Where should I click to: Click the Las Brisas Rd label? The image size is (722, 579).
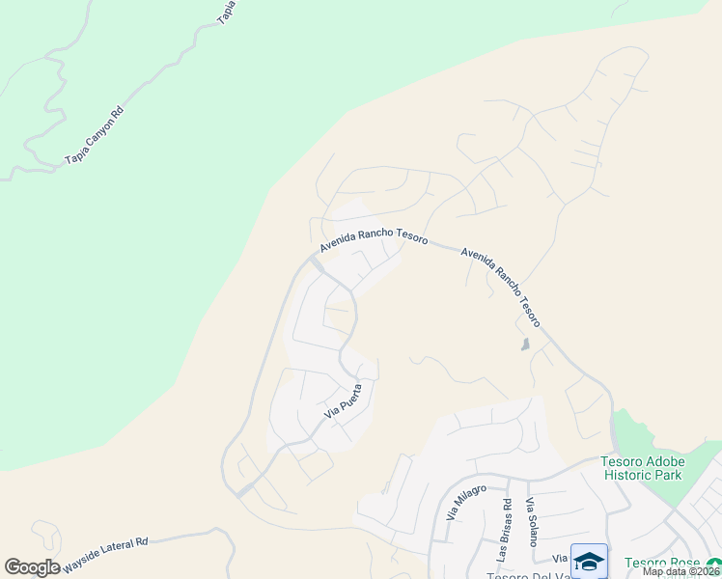pyautogui.click(x=505, y=530)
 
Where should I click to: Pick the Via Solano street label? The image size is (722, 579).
pyautogui.click(x=531, y=522)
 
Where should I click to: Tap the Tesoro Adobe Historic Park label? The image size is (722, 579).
pyautogui.click(x=642, y=468)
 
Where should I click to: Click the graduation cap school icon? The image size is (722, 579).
pyautogui.click(x=589, y=560)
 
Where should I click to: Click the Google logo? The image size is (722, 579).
pyautogui.click(x=32, y=566)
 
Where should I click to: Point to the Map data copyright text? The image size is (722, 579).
pyautogui.click(x=681, y=571)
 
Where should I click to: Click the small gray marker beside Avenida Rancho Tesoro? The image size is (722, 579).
pyautogui.click(x=525, y=344)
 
